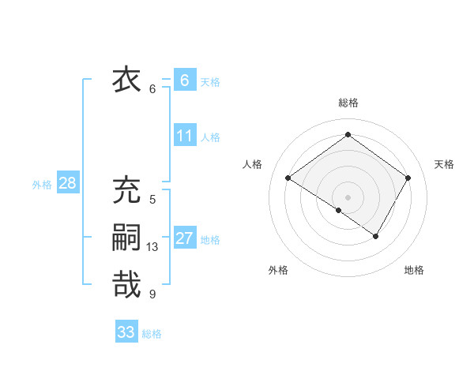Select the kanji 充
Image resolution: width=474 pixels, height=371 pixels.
pos(126,191)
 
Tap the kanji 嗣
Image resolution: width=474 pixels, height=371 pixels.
pos(126,238)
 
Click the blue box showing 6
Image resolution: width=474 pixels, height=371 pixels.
pos(184,81)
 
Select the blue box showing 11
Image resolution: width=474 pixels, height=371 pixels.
pos(184,136)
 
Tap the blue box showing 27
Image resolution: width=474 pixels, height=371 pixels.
pos(184,238)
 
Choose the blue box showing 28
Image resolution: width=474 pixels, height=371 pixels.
pos(67,184)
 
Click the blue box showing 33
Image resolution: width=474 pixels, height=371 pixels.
pos(126,332)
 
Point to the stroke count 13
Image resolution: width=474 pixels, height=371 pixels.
pos(152,247)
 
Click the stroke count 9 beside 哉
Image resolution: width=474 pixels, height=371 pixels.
pos(152,294)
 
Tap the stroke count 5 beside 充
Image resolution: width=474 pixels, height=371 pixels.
pos(152,200)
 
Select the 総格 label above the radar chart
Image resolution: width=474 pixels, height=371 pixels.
pos(348,103)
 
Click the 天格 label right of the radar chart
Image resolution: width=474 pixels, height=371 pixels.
pos(444,164)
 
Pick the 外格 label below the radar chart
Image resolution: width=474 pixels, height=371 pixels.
pos(278,270)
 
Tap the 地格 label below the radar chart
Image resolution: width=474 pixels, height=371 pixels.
pos(414,270)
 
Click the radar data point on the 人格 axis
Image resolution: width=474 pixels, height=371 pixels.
pos(288,178)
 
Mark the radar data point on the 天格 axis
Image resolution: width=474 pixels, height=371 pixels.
pos(408,178)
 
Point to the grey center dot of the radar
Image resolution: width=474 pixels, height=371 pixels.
pos(348,197)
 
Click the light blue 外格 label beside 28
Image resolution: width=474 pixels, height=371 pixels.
pos(42,185)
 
